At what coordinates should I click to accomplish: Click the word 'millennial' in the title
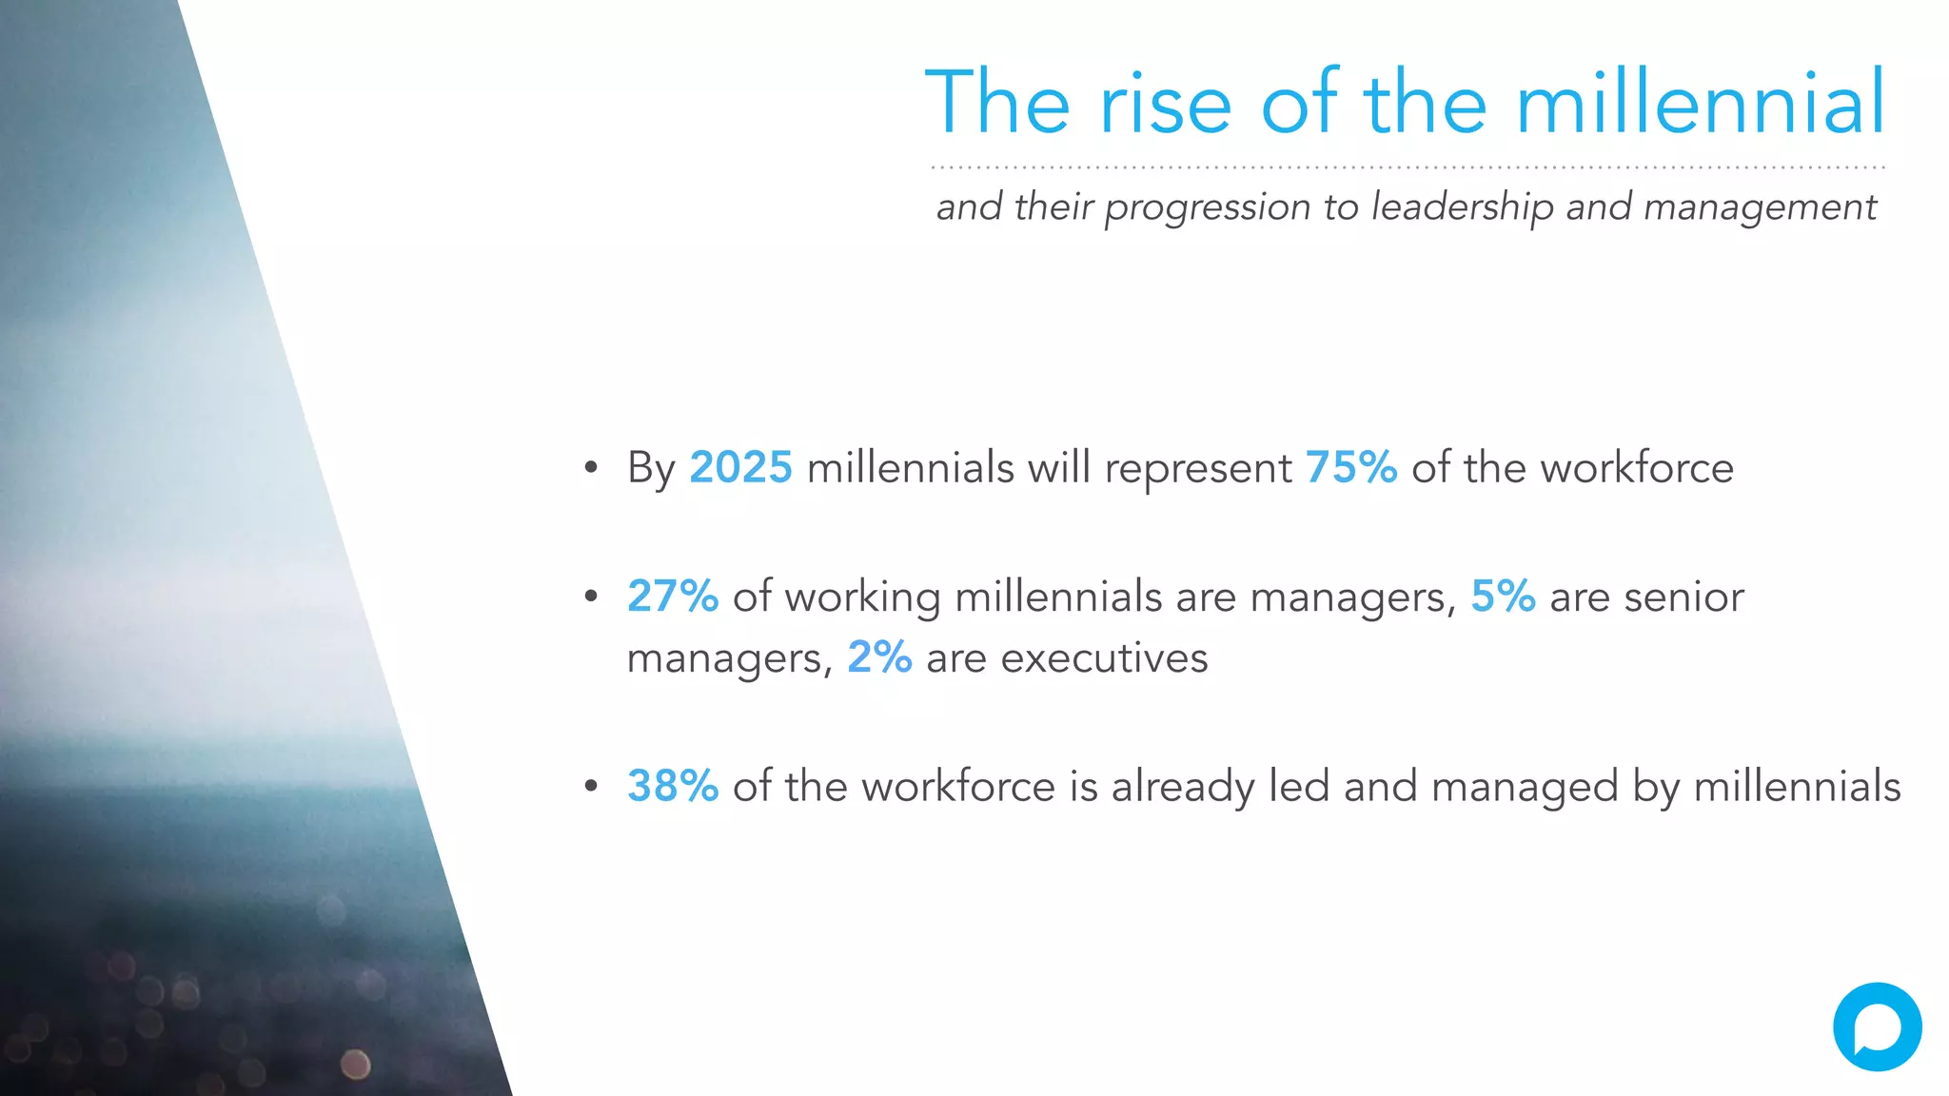click(1700, 102)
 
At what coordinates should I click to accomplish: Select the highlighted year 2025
click(740, 467)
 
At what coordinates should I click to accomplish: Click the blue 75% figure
click(1350, 467)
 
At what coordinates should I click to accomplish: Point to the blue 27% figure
click(672, 597)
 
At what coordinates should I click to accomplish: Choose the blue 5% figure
click(1503, 597)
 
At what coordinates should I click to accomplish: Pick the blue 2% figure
click(879, 657)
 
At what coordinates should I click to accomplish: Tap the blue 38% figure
click(672, 786)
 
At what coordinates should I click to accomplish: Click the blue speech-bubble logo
click(1877, 1027)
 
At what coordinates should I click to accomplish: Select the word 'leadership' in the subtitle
click(1462, 206)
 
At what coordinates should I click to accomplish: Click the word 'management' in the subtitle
click(1760, 206)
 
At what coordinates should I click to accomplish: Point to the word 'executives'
click(1104, 658)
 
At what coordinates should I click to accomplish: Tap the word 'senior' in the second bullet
click(1683, 597)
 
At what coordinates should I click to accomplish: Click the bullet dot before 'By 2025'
click(591, 467)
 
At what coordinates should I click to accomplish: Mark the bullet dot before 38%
click(591, 786)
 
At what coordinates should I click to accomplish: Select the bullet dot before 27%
click(591, 597)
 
